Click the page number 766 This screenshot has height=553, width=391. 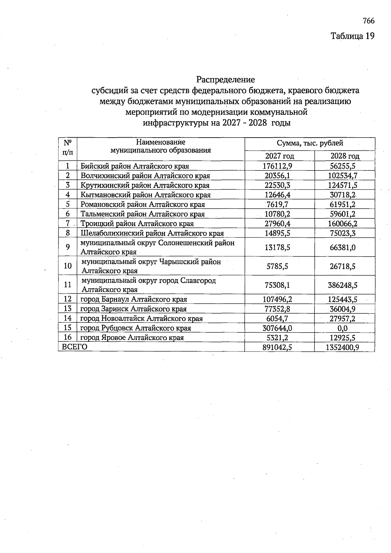[369, 21]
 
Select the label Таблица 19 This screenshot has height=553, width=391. [353, 36]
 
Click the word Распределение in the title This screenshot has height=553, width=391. [225, 79]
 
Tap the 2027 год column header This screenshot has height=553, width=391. [279, 156]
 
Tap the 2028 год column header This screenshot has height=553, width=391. [345, 156]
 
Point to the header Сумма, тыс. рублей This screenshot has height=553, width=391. [310, 143]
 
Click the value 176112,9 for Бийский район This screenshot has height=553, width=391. [277, 166]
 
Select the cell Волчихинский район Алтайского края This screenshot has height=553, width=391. [145, 176]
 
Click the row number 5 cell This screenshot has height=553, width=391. [68, 204]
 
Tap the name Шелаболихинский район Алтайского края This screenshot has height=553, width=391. [152, 233]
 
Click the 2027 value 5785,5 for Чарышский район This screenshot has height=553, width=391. [277, 266]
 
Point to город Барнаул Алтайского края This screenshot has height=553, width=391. [134, 299]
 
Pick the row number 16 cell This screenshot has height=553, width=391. [68, 337]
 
